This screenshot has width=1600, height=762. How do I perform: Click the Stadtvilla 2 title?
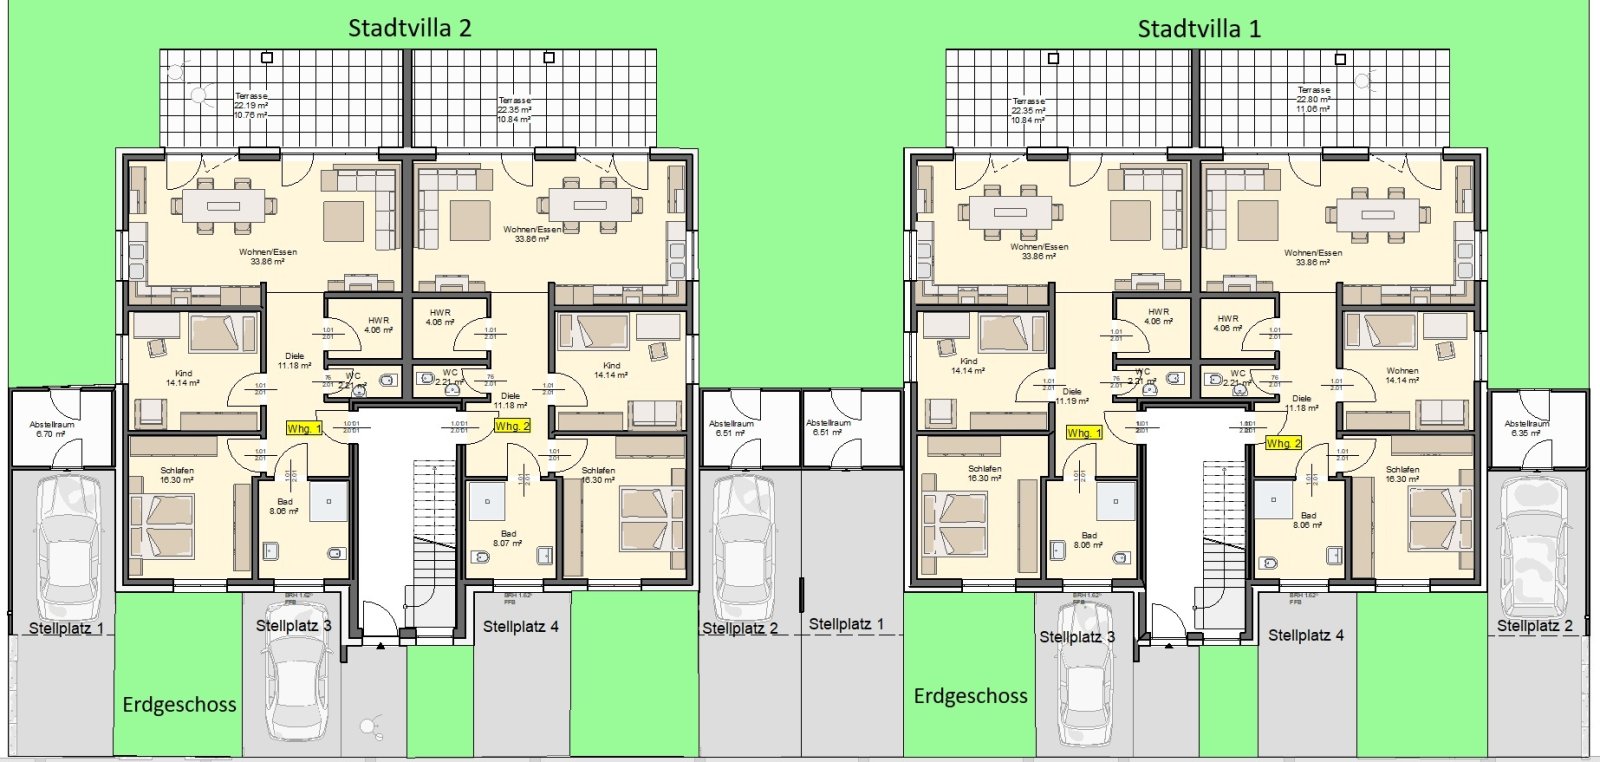[x=409, y=28]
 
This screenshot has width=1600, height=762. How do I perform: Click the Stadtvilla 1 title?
[x=1199, y=29]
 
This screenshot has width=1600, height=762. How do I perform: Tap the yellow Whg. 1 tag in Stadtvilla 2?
[x=304, y=428]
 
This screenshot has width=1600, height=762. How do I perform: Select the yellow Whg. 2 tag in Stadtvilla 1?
[x=1283, y=443]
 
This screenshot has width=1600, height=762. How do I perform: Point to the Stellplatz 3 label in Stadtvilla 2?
[x=293, y=626]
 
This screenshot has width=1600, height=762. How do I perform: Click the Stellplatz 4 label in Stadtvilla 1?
[x=1306, y=635]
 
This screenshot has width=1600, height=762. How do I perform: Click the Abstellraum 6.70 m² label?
[x=51, y=429]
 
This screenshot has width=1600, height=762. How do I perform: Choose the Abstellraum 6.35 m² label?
[x=1526, y=428]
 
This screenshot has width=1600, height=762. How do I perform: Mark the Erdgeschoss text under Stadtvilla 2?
[x=179, y=705]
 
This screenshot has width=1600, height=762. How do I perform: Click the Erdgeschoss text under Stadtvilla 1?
[x=970, y=696]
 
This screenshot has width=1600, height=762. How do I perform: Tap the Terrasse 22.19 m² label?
[x=251, y=105]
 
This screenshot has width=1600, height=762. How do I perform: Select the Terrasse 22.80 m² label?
[x=1314, y=99]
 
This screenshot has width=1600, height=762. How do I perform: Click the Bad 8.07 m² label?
[x=508, y=538]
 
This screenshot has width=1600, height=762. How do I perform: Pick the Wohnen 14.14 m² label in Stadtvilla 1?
[x=1402, y=375]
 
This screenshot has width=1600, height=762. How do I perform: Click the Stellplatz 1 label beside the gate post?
[x=846, y=624]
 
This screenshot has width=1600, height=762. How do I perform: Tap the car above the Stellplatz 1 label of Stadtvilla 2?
[x=66, y=545]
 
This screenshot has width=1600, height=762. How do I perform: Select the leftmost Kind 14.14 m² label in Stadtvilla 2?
[x=183, y=378]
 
